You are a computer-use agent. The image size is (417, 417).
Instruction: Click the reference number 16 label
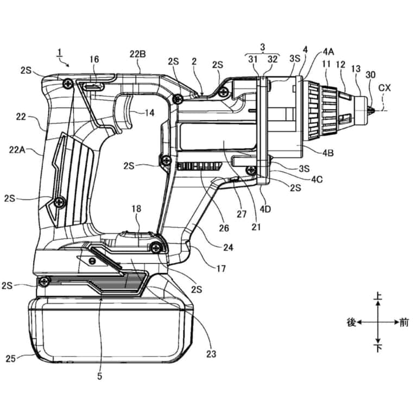94,59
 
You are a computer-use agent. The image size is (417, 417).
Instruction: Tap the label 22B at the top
138,54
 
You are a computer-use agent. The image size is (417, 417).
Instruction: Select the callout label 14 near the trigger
149,113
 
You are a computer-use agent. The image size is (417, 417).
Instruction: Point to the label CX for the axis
384,88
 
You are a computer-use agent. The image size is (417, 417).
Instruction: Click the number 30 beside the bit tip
370,75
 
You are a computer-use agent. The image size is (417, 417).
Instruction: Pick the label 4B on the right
328,153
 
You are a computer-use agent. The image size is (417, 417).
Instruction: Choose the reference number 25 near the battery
11,358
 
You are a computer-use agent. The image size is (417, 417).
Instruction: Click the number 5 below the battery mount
99,376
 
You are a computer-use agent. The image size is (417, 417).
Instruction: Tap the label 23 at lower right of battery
211,354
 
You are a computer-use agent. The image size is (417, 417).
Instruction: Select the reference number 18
136,208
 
